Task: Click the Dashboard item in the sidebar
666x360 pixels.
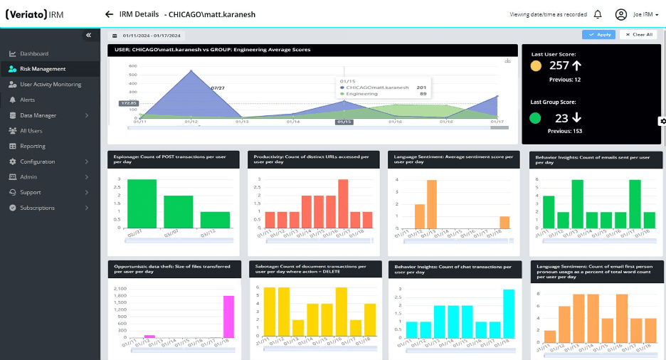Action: (x=34, y=54)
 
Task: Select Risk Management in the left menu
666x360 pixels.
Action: (x=43, y=69)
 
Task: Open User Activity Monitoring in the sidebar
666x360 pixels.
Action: (x=50, y=85)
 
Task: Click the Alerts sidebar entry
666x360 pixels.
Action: (x=27, y=100)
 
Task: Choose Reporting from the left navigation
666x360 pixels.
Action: (x=33, y=147)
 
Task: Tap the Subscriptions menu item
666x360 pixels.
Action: (x=37, y=208)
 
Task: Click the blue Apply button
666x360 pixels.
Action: (x=598, y=34)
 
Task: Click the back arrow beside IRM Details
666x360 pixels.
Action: (x=109, y=14)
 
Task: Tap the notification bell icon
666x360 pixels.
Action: (x=597, y=14)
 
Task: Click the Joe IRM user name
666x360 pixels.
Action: (x=643, y=14)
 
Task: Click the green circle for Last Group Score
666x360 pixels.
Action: (x=535, y=117)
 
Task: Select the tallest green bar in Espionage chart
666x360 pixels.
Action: (x=142, y=203)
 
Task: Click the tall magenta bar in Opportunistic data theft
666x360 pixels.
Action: (x=228, y=317)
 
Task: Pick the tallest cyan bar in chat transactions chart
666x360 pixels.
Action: (x=508, y=313)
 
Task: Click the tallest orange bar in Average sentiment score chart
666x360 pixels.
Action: (x=431, y=203)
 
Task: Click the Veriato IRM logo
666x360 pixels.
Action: (x=38, y=14)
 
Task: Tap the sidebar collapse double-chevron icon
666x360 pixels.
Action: (x=89, y=35)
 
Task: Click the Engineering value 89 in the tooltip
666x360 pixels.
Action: (x=423, y=93)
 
